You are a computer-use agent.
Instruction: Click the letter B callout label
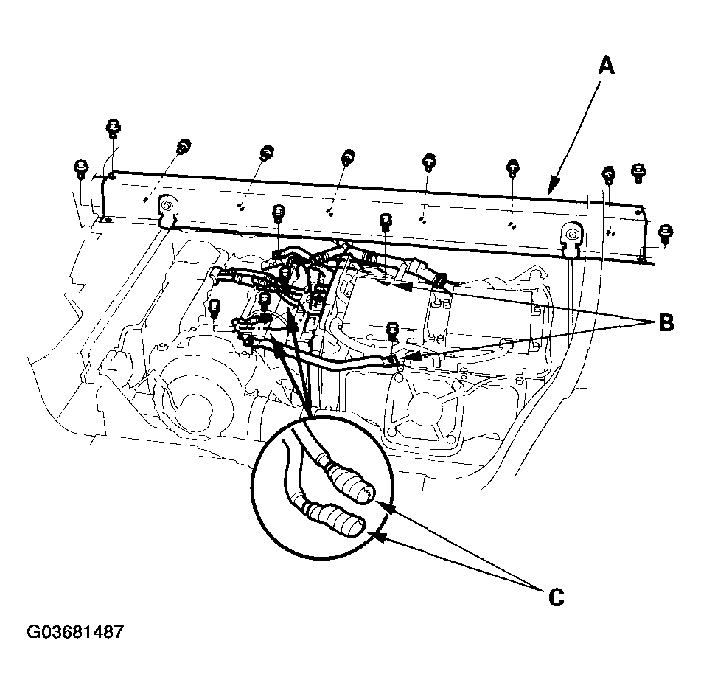tap(665, 324)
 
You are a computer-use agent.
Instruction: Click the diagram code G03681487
tap(74, 633)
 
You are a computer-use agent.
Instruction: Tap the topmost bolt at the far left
tap(113, 128)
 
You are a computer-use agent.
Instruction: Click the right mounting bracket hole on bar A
tap(571, 235)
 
